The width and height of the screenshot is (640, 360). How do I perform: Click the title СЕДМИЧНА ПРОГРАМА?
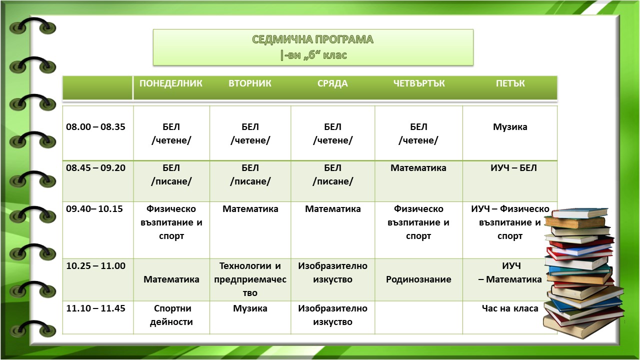(313, 39)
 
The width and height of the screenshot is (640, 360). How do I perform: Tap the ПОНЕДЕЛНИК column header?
(171, 83)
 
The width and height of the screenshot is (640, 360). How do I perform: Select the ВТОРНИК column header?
(250, 83)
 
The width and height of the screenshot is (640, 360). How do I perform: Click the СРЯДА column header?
(332, 83)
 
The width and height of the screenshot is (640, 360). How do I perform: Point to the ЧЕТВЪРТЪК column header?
(419, 83)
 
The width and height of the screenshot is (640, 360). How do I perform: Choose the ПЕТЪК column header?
(510, 83)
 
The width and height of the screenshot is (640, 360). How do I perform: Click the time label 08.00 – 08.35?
(95, 126)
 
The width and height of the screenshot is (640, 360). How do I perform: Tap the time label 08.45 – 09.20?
(95, 167)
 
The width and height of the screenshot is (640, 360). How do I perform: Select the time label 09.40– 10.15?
(94, 209)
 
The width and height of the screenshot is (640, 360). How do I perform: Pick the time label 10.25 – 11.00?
(95, 265)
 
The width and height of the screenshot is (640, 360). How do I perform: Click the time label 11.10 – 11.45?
(95, 308)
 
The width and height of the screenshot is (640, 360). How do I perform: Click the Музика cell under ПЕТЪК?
(510, 127)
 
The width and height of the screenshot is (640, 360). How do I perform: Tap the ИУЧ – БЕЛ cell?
(513, 167)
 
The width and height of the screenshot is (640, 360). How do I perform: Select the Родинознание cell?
(418, 279)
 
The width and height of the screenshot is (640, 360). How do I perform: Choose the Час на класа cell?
(510, 308)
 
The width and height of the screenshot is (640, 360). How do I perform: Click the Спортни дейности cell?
(171, 315)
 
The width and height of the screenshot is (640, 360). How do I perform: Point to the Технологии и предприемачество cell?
(250, 279)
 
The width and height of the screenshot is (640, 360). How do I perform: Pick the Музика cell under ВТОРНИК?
(250, 308)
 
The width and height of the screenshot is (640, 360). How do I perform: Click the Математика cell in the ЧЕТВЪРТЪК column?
(418, 167)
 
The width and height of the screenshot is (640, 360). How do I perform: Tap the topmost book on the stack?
(580, 213)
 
